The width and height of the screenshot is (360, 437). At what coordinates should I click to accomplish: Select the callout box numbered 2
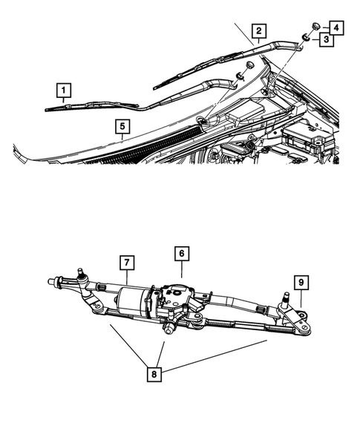pyautogui.click(x=258, y=31)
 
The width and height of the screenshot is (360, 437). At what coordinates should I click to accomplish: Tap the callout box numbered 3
pyautogui.click(x=326, y=39)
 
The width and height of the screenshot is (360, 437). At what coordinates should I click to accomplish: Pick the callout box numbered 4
pyautogui.click(x=336, y=27)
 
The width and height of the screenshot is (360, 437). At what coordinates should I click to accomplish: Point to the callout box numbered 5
pyautogui.click(x=122, y=127)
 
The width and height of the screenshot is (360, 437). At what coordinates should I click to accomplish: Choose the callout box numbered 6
pyautogui.click(x=180, y=254)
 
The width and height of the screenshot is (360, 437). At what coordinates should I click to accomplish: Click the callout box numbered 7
pyautogui.click(x=127, y=262)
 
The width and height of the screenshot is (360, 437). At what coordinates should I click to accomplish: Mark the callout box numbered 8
pyautogui.click(x=154, y=375)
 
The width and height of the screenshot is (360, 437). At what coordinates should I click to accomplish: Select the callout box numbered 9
pyautogui.click(x=301, y=282)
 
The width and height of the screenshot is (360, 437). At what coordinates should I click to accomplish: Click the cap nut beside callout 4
pyautogui.click(x=315, y=26)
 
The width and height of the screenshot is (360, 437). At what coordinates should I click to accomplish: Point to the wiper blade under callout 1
pyautogui.click(x=89, y=105)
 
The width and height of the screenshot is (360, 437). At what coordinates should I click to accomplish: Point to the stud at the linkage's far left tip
pyautogui.click(x=51, y=281)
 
